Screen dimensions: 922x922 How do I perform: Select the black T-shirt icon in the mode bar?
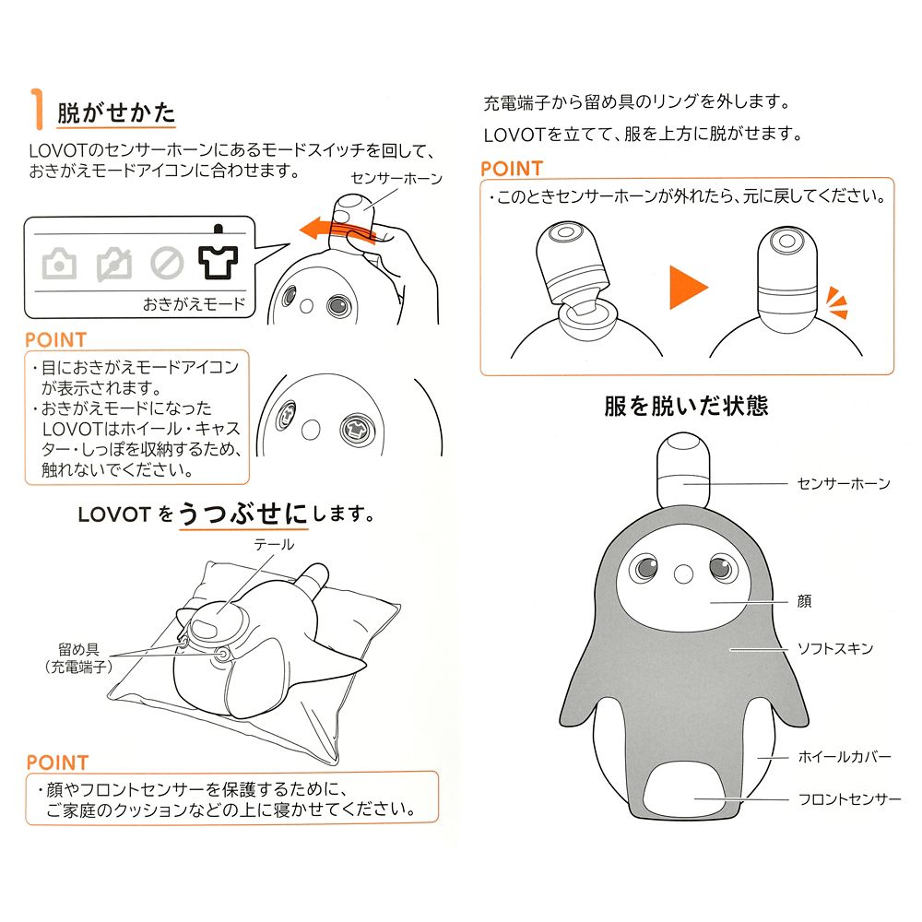(x=218, y=263)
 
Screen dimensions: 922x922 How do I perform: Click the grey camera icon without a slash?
(x=60, y=265)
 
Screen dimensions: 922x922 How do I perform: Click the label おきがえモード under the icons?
(x=194, y=303)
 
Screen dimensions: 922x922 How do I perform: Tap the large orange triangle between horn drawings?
(x=687, y=289)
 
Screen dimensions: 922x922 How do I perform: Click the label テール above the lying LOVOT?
(x=274, y=545)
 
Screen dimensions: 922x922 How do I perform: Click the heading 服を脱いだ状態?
(x=686, y=405)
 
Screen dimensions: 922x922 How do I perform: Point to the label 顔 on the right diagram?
(x=805, y=601)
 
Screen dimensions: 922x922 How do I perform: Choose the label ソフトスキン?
(x=834, y=649)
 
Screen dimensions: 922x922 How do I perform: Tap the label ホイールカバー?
(x=844, y=757)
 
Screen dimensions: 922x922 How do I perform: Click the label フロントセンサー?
(x=849, y=799)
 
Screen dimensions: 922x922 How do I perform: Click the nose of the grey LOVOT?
(x=682, y=573)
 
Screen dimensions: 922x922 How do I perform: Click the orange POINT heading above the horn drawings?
(x=512, y=169)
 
